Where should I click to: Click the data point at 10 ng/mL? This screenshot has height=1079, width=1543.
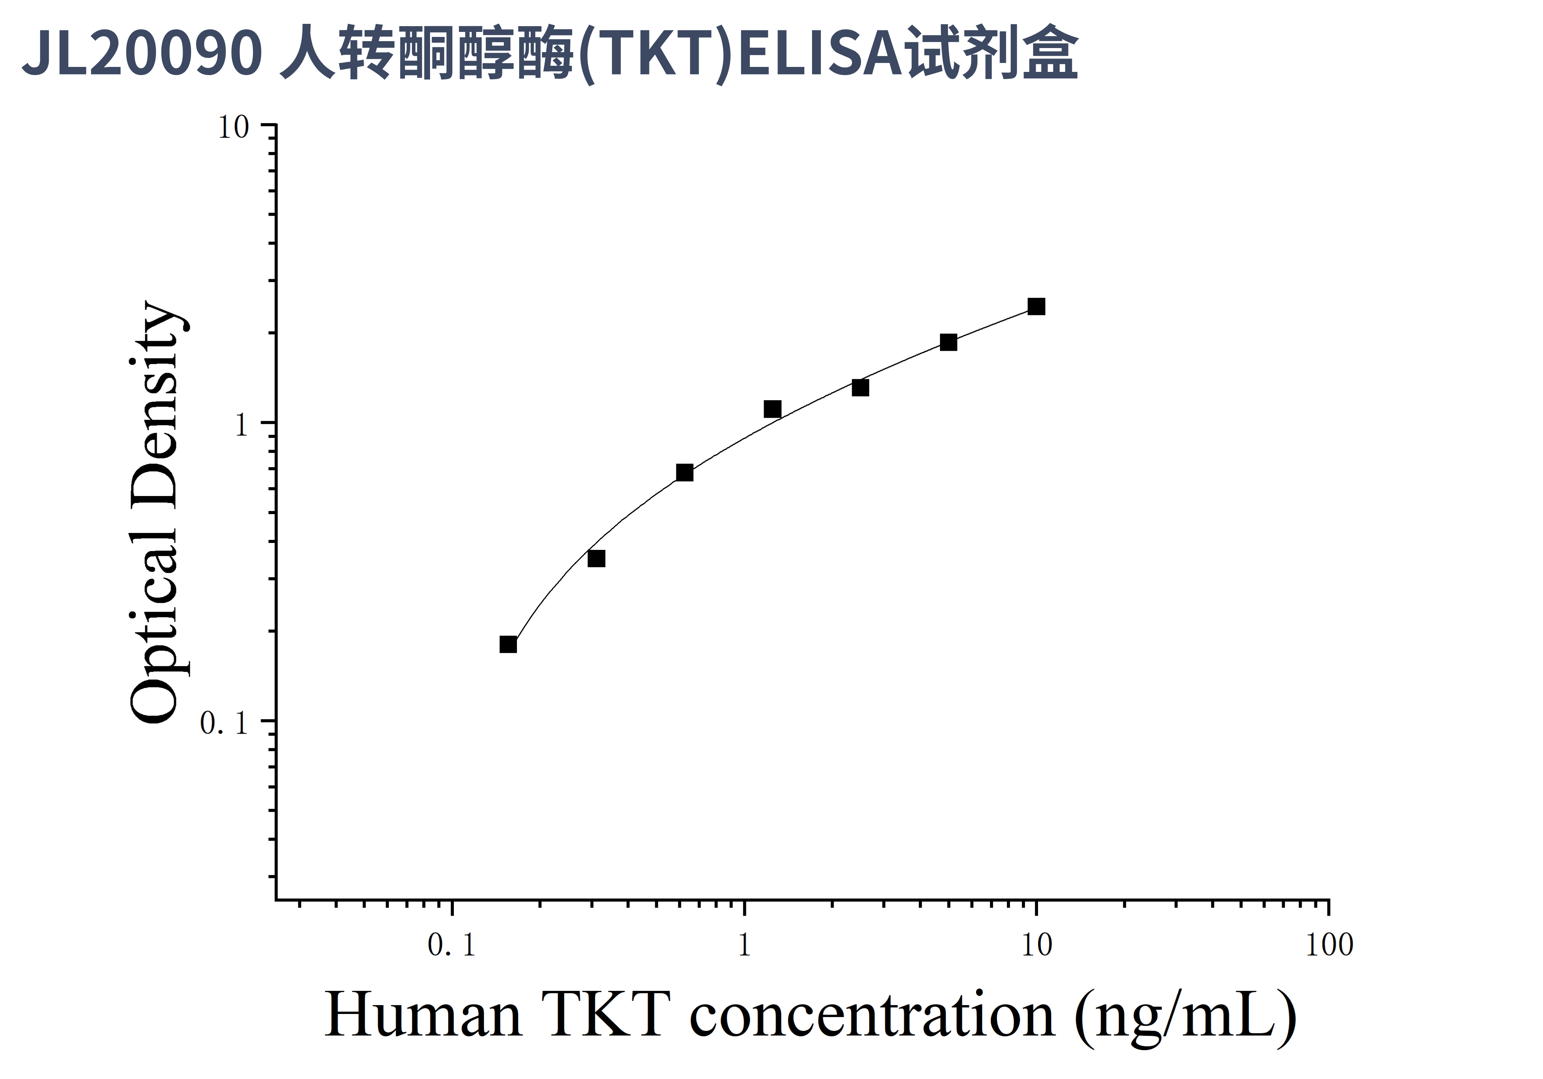[x=1036, y=306]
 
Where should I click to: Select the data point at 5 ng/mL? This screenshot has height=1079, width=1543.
[x=948, y=342]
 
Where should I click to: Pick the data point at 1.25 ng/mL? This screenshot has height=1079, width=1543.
[x=772, y=409]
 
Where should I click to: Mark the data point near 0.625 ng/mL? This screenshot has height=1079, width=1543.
[x=684, y=473]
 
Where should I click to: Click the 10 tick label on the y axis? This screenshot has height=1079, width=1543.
[x=233, y=127]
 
